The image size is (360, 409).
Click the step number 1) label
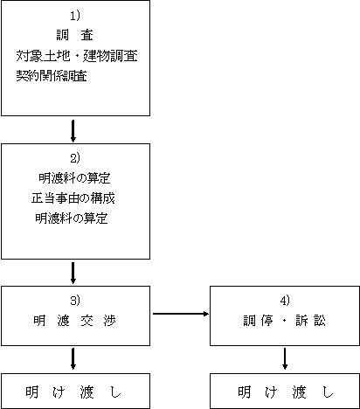click(x=75, y=16)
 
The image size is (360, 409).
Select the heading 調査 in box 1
click(x=75, y=35)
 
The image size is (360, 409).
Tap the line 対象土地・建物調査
click(x=77, y=56)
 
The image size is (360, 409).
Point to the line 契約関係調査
click(x=52, y=76)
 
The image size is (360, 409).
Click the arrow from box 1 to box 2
click(x=73, y=131)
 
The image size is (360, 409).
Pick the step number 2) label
click(x=75, y=158)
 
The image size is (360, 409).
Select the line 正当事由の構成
click(x=73, y=198)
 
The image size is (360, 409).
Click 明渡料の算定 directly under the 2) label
click(x=74, y=178)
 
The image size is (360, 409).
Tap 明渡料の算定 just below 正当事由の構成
click(x=72, y=218)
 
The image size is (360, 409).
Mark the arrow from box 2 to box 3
click(x=73, y=273)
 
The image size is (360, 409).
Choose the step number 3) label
click(x=75, y=301)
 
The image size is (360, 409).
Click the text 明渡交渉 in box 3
click(x=74, y=321)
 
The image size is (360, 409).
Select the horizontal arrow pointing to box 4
click(x=181, y=314)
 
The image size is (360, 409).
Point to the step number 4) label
click(x=285, y=301)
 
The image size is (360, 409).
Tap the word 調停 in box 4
click(x=259, y=321)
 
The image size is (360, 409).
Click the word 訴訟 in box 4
click(x=310, y=321)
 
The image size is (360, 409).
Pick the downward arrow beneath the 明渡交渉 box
click(x=73, y=359)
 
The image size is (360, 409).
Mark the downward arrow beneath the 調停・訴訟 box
click(x=285, y=359)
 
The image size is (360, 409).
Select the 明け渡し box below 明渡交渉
click(x=76, y=391)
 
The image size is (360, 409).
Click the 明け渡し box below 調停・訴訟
click(x=285, y=391)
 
